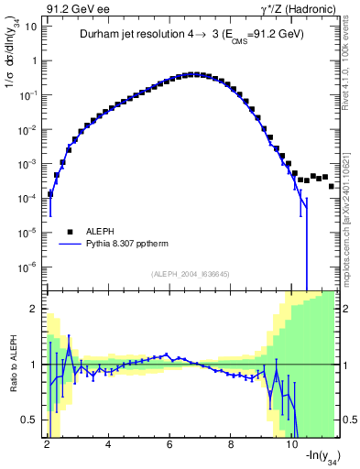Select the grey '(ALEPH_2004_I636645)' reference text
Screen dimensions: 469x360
[191, 273]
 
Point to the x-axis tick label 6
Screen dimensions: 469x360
[169, 444]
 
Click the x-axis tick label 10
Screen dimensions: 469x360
[292, 444]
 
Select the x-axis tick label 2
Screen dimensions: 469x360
[47, 444]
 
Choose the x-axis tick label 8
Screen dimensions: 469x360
[231, 444]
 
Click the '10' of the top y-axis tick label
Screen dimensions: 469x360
[31, 27]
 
